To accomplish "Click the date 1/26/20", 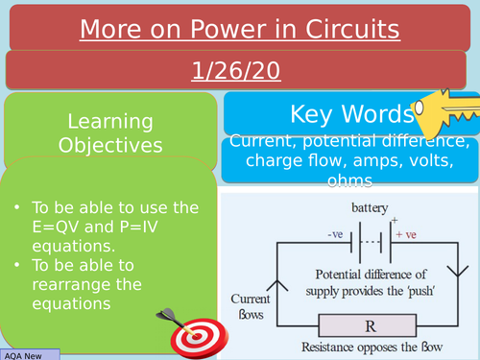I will pyautogui.click(x=239, y=72).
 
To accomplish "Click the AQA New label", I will pyautogui.click(x=29, y=354).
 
